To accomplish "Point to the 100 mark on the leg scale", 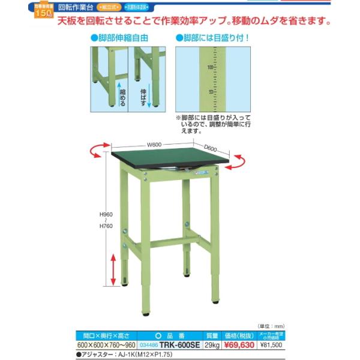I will click(x=210, y=68).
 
